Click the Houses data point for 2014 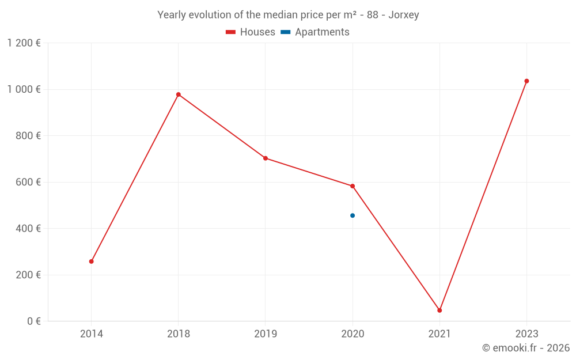tap(92, 262)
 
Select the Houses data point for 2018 tap(179, 94)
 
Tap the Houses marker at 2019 tap(266, 158)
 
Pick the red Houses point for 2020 tap(353, 186)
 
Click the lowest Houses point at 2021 tap(439, 310)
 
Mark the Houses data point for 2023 tap(526, 81)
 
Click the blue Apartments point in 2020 tap(353, 215)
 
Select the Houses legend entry tap(251, 32)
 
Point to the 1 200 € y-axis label tap(24, 43)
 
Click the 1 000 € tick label tap(24, 89)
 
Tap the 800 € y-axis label tap(28, 136)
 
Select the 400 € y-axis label tap(28, 229)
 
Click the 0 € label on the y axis tap(33, 321)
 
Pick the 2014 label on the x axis tap(92, 334)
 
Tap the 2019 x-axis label tap(266, 334)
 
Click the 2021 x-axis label tap(439, 334)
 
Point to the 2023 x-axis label tap(526, 334)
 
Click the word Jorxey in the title tap(403, 15)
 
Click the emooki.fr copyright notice tap(526, 348)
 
